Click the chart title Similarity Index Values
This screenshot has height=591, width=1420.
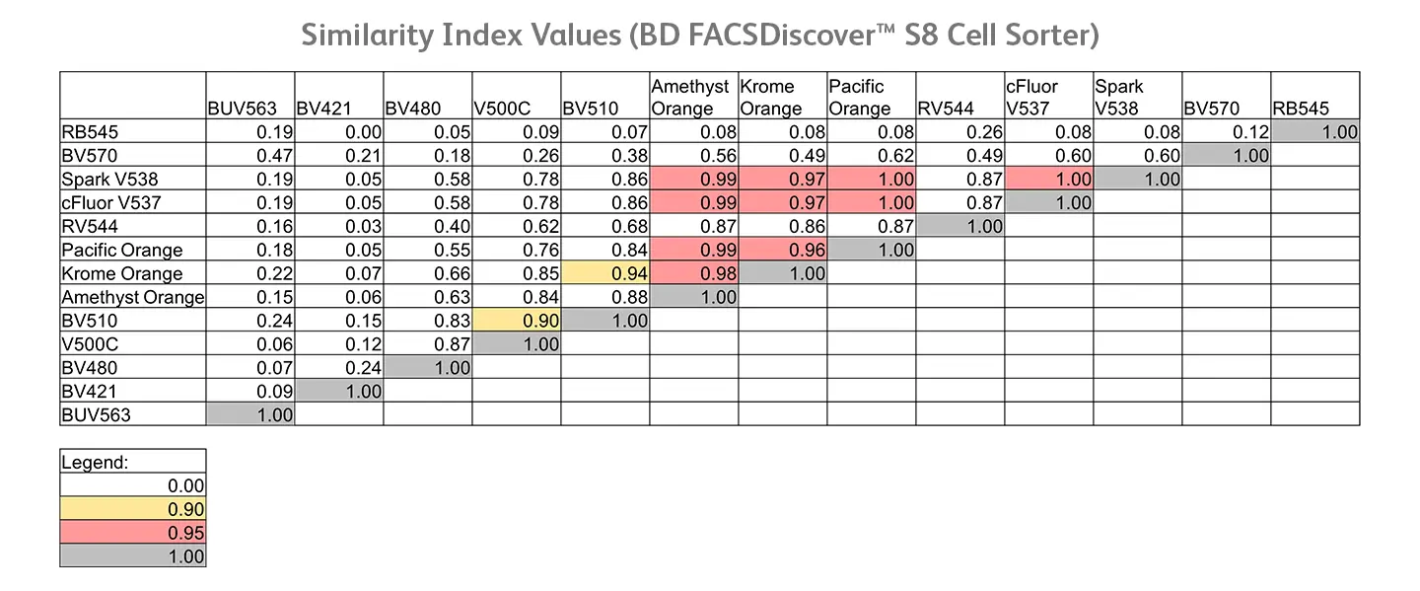tap(700, 35)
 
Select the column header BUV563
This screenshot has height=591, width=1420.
tap(242, 109)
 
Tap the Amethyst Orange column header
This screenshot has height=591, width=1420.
tap(691, 98)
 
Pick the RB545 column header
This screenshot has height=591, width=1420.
tap(1301, 109)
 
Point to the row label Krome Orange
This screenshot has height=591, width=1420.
tap(122, 273)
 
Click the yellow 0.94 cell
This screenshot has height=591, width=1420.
tap(605, 273)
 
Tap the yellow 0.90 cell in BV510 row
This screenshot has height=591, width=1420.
tap(517, 321)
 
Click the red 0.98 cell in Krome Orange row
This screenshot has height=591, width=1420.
tap(694, 273)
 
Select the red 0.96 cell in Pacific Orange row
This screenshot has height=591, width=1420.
tap(783, 250)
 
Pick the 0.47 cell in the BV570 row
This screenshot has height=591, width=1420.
tap(251, 155)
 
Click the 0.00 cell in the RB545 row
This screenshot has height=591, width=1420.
tap(339, 131)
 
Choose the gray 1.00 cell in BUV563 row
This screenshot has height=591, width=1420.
tap(251, 414)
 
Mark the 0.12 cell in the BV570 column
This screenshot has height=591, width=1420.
tap(1227, 131)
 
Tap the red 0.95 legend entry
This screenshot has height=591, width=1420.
tap(133, 533)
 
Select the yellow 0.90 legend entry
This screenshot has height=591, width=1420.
tap(133, 509)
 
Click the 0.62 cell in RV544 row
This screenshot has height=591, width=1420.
tap(517, 226)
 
